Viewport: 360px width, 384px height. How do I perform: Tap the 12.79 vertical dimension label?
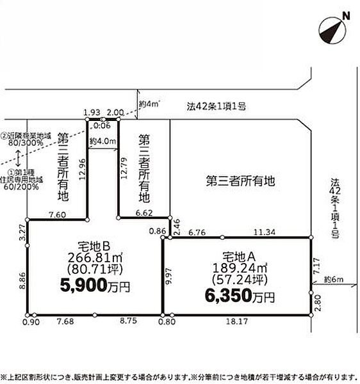(x=124, y=170)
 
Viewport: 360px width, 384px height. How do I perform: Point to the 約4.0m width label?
(x=102, y=141)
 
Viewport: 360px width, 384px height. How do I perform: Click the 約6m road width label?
(x=333, y=279)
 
